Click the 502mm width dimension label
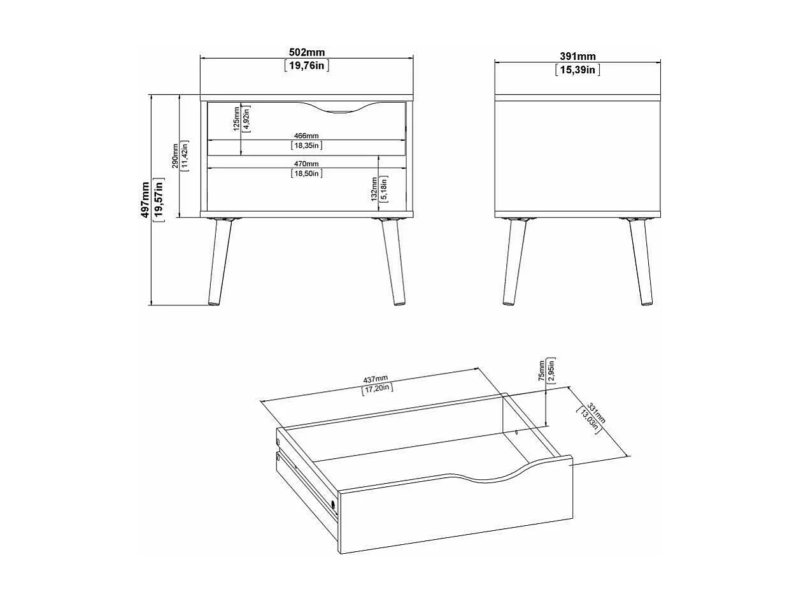pyautogui.click(x=306, y=52)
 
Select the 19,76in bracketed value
pyautogui.click(x=306, y=65)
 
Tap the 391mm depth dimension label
pyautogui.click(x=578, y=57)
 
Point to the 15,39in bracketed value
pyautogui.click(x=578, y=70)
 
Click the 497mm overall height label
pyautogui.click(x=146, y=199)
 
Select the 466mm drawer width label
pyautogui.click(x=306, y=136)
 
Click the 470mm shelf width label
pyautogui.click(x=306, y=164)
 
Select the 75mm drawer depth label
pyautogui.click(x=541, y=369)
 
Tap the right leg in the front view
pyautogui.click(x=392, y=261)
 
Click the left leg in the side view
pyautogui.click(x=514, y=261)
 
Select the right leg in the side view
pyautogui.click(x=640, y=261)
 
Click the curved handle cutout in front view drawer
pyautogui.click(x=339, y=110)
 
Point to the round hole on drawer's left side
pyautogui.click(x=333, y=506)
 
